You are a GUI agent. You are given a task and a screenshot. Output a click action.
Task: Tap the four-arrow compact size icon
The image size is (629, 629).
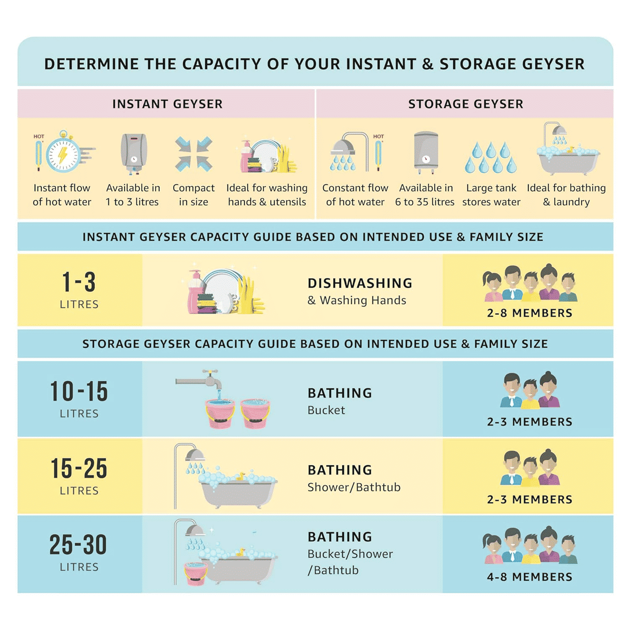tap(194, 154)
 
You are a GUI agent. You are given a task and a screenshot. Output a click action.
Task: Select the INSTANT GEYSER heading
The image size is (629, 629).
tap(167, 104)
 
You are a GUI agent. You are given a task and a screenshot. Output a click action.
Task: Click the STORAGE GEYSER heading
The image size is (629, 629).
tap(466, 104)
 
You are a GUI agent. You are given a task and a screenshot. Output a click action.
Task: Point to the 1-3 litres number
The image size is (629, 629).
tap(79, 282)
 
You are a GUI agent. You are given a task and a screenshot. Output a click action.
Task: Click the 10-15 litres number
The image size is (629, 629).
tap(79, 391)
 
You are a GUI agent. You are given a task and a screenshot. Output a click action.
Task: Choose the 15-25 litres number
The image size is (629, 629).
tap(79, 468)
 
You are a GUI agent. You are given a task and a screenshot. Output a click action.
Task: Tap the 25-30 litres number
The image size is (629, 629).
tap(78, 544)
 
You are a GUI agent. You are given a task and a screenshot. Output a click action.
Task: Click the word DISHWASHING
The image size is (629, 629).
tap(360, 283)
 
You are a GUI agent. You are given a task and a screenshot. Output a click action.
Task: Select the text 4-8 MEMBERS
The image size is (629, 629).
tap(530, 577)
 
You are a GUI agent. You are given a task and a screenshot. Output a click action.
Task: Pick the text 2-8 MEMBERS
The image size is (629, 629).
tap(530, 313)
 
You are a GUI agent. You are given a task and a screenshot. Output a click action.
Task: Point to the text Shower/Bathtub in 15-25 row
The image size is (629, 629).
tap(354, 487)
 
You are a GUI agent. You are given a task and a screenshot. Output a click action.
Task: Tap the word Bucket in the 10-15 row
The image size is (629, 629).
tap(326, 410)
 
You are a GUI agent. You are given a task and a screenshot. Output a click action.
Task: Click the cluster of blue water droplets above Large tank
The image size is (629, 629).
tap(491, 158)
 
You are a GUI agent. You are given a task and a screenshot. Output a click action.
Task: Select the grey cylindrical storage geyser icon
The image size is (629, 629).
tap(426, 153)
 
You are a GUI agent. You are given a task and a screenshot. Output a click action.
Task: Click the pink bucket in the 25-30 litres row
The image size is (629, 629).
tap(196, 574)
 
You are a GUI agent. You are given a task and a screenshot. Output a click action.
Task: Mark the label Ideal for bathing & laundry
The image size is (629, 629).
tap(566, 195)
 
